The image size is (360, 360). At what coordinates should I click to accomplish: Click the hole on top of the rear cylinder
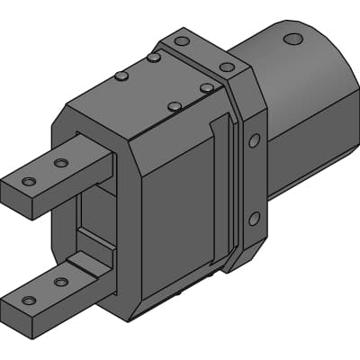(292, 39)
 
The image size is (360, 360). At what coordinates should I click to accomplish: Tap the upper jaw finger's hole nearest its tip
(29, 181)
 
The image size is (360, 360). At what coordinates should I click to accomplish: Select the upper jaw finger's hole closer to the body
(61, 163)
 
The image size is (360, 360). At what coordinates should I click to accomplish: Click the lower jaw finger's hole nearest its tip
(29, 300)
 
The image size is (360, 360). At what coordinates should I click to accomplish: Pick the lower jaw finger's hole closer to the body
(61, 282)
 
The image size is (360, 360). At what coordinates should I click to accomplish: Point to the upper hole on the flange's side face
(254, 139)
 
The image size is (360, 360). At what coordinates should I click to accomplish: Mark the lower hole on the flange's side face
(254, 218)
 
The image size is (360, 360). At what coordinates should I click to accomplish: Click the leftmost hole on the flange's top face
(182, 40)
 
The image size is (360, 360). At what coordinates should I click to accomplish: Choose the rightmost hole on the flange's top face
(227, 67)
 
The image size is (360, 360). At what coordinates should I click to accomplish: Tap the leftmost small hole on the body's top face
(121, 76)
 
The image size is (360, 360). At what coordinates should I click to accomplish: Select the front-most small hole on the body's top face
(175, 106)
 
